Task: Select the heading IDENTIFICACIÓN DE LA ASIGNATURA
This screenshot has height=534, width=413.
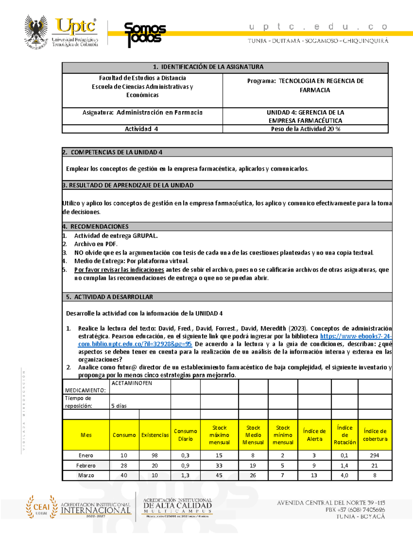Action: (x=212, y=67)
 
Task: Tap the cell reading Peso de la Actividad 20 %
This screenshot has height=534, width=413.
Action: (x=305, y=129)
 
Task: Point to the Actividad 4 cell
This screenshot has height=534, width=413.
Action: (x=141, y=129)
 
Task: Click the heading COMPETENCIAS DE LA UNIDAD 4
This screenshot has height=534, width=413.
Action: (x=116, y=152)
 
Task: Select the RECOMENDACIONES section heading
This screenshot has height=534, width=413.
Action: (x=99, y=227)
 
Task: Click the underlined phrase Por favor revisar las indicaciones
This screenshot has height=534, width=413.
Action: (x=119, y=270)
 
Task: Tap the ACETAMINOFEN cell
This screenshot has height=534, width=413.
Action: (x=132, y=383)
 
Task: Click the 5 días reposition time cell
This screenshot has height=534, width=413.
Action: (x=119, y=406)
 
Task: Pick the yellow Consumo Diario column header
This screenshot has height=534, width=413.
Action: (x=185, y=435)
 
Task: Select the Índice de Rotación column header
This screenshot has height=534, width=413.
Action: (x=345, y=435)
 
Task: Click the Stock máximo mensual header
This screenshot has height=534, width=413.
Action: (x=219, y=435)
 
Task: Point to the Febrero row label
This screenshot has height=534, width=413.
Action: (x=86, y=466)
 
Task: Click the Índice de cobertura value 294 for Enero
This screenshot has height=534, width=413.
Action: (x=374, y=455)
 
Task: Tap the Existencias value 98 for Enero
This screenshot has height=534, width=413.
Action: (x=155, y=455)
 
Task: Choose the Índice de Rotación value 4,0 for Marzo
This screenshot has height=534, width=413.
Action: (x=344, y=475)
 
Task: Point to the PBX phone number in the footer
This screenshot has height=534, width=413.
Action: (x=355, y=510)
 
